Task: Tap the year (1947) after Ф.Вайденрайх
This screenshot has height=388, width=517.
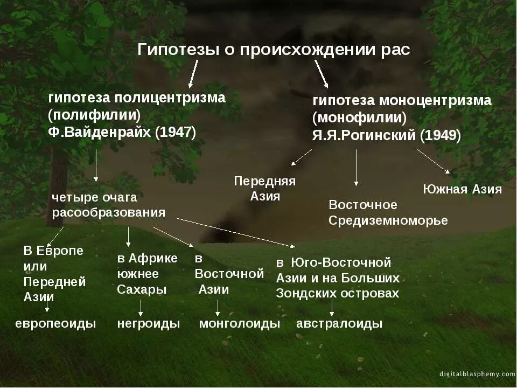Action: coord(176,133)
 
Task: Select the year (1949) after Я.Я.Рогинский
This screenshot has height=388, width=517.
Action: coord(441,135)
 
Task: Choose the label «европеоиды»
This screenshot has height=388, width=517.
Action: coord(55,324)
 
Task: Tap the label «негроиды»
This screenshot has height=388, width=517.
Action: coord(149,324)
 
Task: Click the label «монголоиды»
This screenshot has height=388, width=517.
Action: coord(240,324)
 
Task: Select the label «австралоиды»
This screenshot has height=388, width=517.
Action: coord(339,324)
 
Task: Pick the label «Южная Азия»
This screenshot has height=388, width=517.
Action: coord(462,189)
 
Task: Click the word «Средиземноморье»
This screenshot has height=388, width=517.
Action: coord(388,221)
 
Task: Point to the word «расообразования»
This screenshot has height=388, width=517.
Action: coord(109,212)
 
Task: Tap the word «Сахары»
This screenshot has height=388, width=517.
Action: coord(142,289)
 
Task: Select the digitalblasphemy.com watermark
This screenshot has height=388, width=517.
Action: coord(477,374)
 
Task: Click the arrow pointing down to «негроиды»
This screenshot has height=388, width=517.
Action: coord(141,307)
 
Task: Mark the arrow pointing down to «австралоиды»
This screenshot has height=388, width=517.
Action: coord(332,308)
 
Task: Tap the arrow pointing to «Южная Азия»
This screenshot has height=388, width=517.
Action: coord(434,161)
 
